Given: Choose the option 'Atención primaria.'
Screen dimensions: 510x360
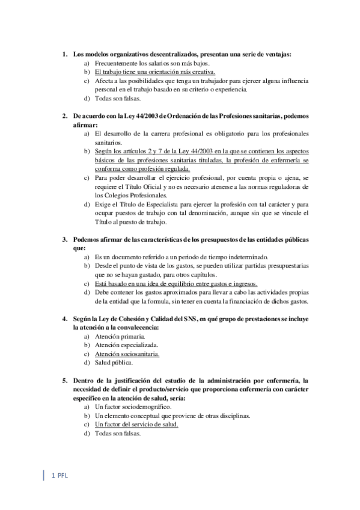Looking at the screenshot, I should pyautogui.click(x=120, y=336).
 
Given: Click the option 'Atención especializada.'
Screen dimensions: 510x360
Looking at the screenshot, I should pyautogui.click(x=127, y=345).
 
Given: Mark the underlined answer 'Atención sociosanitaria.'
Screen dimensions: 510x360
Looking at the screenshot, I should pyautogui.click(x=127, y=354).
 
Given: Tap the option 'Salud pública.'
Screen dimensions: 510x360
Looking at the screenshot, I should pyautogui.click(x=114, y=363).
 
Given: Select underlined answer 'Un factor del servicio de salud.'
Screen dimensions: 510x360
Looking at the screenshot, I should pyautogui.click(x=137, y=425).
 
